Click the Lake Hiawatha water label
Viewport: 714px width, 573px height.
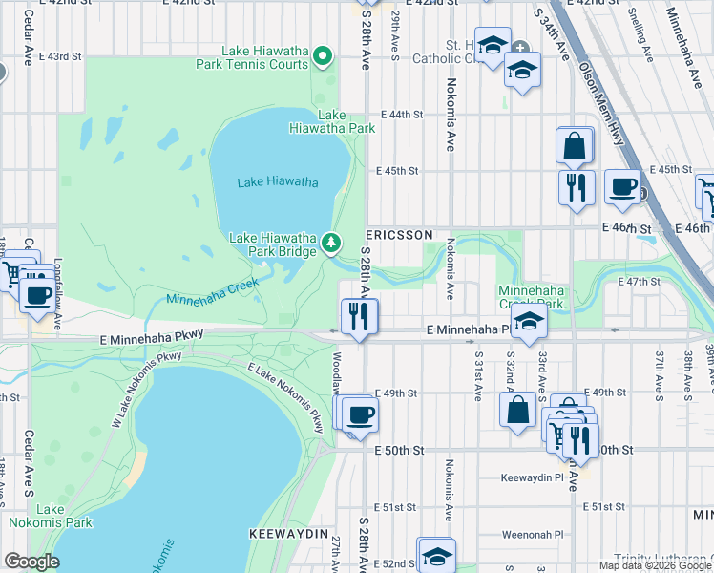(277, 182)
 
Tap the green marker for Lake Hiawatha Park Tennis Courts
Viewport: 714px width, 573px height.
(324, 57)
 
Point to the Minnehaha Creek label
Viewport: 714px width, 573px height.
(213, 293)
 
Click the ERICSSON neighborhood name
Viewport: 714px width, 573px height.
(400, 235)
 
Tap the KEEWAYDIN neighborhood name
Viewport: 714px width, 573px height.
(289, 532)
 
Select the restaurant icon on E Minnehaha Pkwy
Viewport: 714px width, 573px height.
(359, 316)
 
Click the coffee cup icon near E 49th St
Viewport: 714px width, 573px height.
(360, 414)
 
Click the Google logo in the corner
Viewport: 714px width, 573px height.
(31, 561)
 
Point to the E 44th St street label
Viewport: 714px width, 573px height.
(401, 115)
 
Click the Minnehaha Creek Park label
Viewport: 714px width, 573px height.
(530, 297)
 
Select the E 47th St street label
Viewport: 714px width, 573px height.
(639, 282)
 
